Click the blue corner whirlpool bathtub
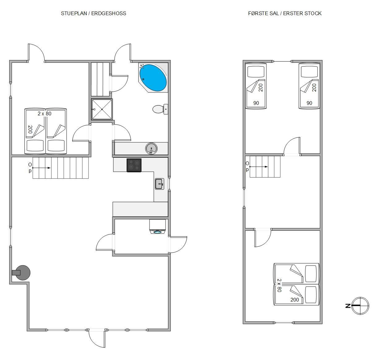coord(153,78)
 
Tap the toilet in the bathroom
coord(160,109)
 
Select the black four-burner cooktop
coord(134,165)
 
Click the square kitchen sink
coord(159,184)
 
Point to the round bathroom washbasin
coord(151,148)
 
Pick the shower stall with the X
coord(102,109)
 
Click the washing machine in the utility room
coord(158,227)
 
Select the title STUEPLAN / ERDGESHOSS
coord(93,13)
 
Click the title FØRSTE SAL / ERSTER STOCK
coord(285,13)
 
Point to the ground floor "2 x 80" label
coord(45,114)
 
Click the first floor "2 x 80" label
coord(279,285)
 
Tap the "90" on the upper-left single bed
coord(256,103)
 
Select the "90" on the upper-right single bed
coord(309,103)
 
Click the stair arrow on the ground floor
coord(42,168)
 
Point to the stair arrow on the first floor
coord(259,167)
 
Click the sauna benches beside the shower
coord(100,79)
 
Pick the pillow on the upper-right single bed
coord(309,72)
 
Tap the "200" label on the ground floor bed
coord(30,129)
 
